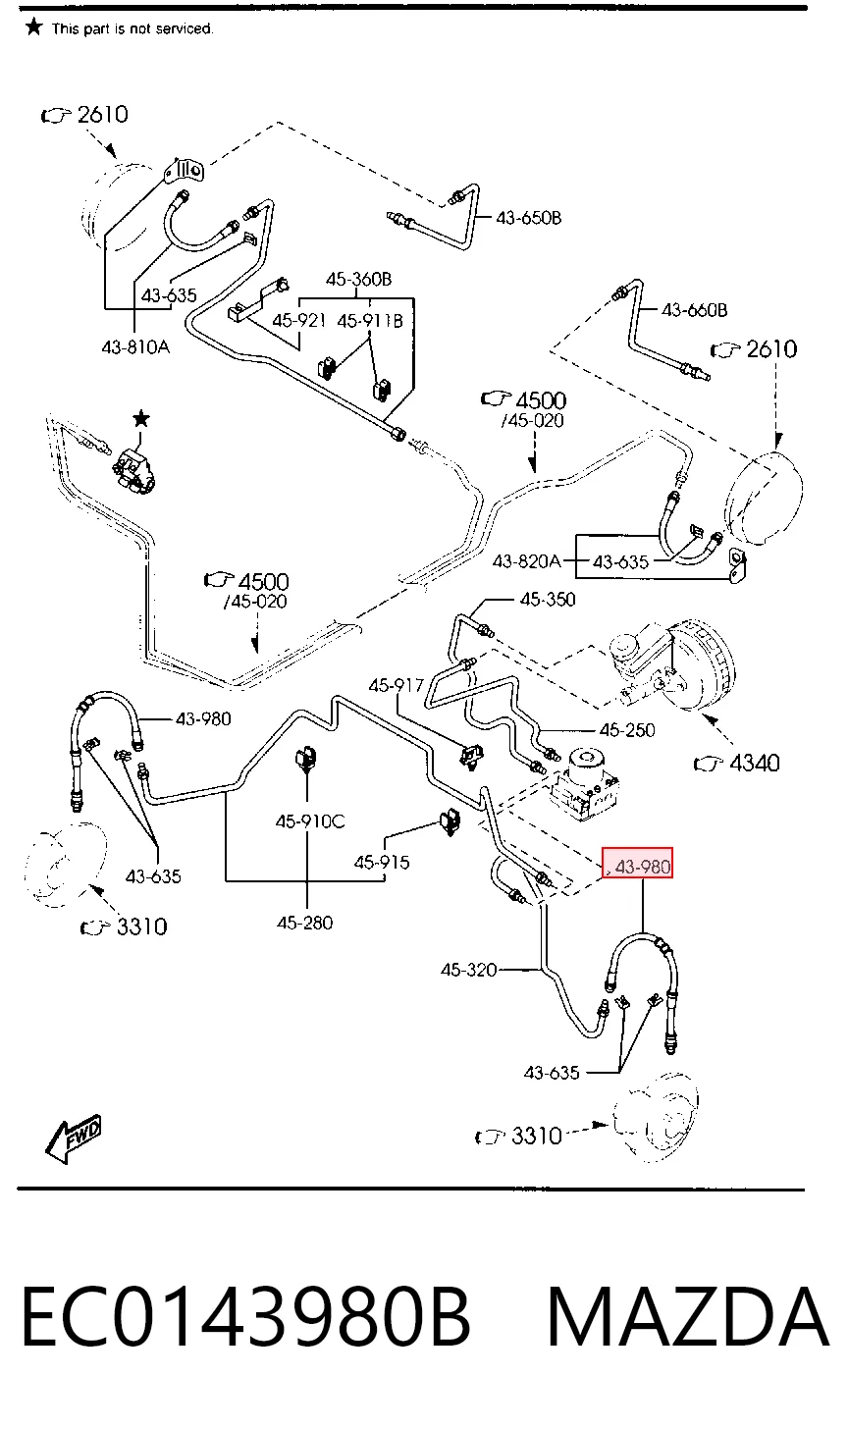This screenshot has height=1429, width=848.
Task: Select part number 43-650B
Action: (x=528, y=218)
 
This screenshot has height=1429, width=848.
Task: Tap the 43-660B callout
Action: (x=694, y=310)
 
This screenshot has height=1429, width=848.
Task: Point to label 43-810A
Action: (x=135, y=347)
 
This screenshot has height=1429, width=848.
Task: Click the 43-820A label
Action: (x=526, y=561)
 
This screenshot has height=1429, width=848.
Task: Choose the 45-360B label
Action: (x=358, y=279)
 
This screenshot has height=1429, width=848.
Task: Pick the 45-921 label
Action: (x=298, y=320)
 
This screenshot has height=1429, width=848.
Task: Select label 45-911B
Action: (x=370, y=320)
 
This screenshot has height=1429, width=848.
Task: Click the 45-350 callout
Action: (x=548, y=599)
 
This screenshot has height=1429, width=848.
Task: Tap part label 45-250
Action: (x=627, y=730)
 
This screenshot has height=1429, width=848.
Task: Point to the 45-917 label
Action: (x=397, y=685)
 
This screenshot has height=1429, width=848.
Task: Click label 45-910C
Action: (x=310, y=821)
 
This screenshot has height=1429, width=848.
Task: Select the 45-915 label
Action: (x=382, y=863)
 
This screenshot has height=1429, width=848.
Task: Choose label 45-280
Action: (x=305, y=923)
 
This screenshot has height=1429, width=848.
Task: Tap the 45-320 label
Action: (x=469, y=970)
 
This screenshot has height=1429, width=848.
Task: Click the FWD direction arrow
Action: (x=74, y=1138)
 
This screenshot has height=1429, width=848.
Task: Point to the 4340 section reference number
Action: (x=754, y=763)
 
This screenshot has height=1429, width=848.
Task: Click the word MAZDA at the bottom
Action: (x=688, y=1317)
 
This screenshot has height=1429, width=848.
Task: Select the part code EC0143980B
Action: (x=245, y=1317)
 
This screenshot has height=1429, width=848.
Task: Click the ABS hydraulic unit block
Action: (x=585, y=784)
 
